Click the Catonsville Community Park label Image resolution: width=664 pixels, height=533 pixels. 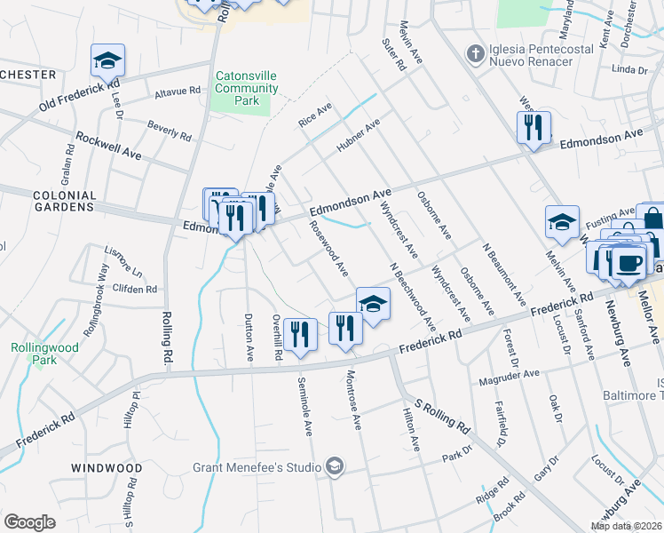tap(246, 89)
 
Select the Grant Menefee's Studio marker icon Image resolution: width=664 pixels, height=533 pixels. tap(334, 466)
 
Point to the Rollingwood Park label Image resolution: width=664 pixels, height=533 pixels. tap(34, 354)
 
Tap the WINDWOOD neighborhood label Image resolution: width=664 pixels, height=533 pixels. tap(106, 467)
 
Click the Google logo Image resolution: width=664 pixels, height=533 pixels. tap(29, 522)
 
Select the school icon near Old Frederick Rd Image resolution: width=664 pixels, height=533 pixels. tap(107, 60)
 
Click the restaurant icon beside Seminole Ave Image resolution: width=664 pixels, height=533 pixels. tap(300, 334)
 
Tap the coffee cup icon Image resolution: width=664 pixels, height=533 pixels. tap(629, 263)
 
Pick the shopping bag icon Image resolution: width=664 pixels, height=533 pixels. tap(652, 219)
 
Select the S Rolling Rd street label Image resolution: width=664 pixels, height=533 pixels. tap(441, 415)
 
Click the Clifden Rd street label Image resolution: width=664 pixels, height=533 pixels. tap(134, 290)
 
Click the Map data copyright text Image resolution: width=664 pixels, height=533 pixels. tap(626, 526)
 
